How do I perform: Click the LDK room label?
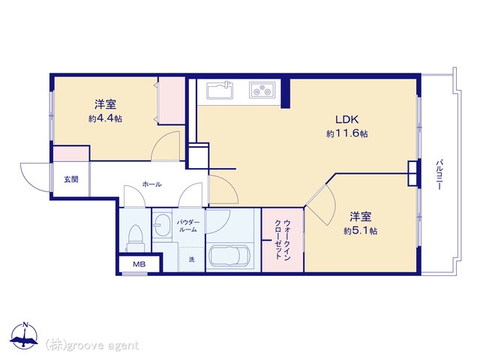(x=346, y=119)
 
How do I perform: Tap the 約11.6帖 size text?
(x=347, y=133)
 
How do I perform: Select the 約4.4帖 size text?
(x=105, y=118)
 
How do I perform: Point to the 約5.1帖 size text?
(x=360, y=230)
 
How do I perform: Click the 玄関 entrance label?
(x=71, y=179)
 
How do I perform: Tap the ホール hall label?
(x=151, y=184)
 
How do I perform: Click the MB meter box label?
(x=139, y=264)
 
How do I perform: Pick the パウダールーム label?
(x=188, y=226)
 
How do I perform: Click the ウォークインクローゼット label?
(x=283, y=239)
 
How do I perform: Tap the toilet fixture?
(x=135, y=238)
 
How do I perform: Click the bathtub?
(x=229, y=256)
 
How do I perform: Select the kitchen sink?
(x=220, y=90)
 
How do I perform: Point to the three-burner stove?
(x=262, y=90)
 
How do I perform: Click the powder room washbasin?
(x=162, y=225)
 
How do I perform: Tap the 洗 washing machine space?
(x=192, y=259)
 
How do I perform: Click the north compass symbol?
(x=25, y=336)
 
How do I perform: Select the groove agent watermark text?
(x=92, y=345)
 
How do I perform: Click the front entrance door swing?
(x=36, y=178)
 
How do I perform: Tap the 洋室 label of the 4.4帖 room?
(x=105, y=104)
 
